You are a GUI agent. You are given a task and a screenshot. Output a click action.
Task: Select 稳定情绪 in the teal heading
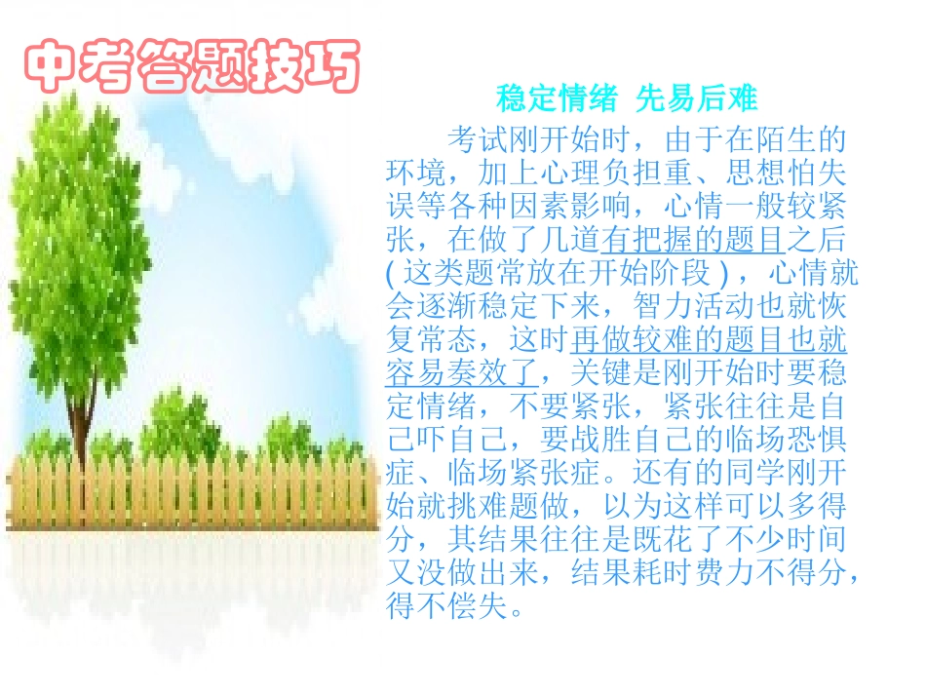[x=557, y=99]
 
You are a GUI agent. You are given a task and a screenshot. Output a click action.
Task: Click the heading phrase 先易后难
[x=696, y=99]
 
